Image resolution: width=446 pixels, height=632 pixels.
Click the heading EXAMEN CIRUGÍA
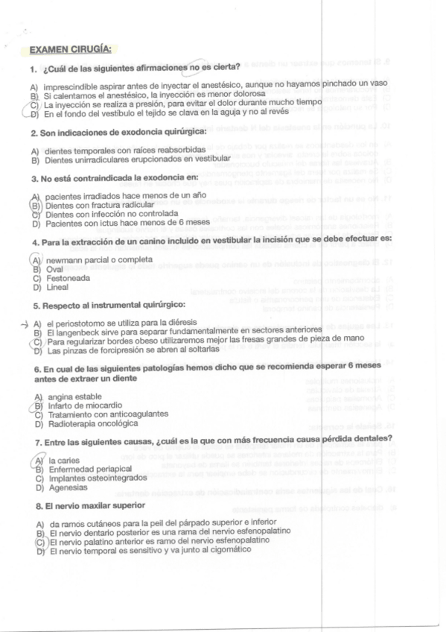click(x=70, y=50)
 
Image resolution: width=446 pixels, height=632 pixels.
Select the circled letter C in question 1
click(x=34, y=105)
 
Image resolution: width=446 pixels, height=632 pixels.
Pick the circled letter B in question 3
click(x=34, y=203)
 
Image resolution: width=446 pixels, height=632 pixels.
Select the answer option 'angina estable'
click(x=74, y=396)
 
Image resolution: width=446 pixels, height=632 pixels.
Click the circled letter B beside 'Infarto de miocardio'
click(x=34, y=405)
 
